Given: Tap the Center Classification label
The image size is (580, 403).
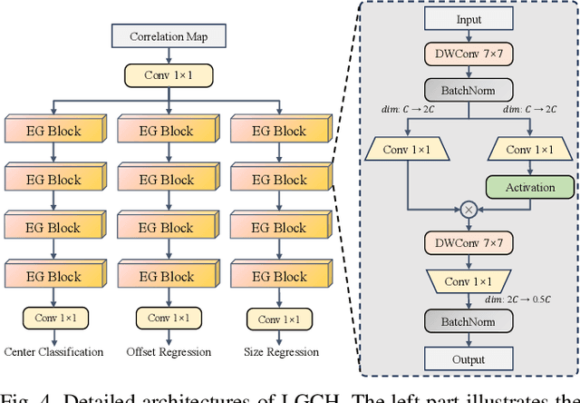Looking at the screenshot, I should (x=54, y=352).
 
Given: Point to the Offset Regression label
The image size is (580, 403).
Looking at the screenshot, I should (x=169, y=352).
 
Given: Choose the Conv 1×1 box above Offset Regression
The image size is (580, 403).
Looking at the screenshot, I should (x=168, y=319).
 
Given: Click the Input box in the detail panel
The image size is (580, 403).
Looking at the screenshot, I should (x=469, y=20).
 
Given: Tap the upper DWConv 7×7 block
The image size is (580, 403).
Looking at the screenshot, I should (x=469, y=54).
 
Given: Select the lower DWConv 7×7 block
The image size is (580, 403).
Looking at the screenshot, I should (x=469, y=243).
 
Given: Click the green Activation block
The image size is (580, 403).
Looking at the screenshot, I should (x=530, y=187).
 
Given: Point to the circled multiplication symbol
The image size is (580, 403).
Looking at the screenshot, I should (x=469, y=209).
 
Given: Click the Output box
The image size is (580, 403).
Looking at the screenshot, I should (x=469, y=359).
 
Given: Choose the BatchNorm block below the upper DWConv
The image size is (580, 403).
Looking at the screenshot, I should (x=469, y=89).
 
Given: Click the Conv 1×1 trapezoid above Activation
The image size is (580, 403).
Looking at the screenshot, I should (x=530, y=148).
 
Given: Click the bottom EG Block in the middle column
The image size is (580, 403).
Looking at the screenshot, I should (x=168, y=276).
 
